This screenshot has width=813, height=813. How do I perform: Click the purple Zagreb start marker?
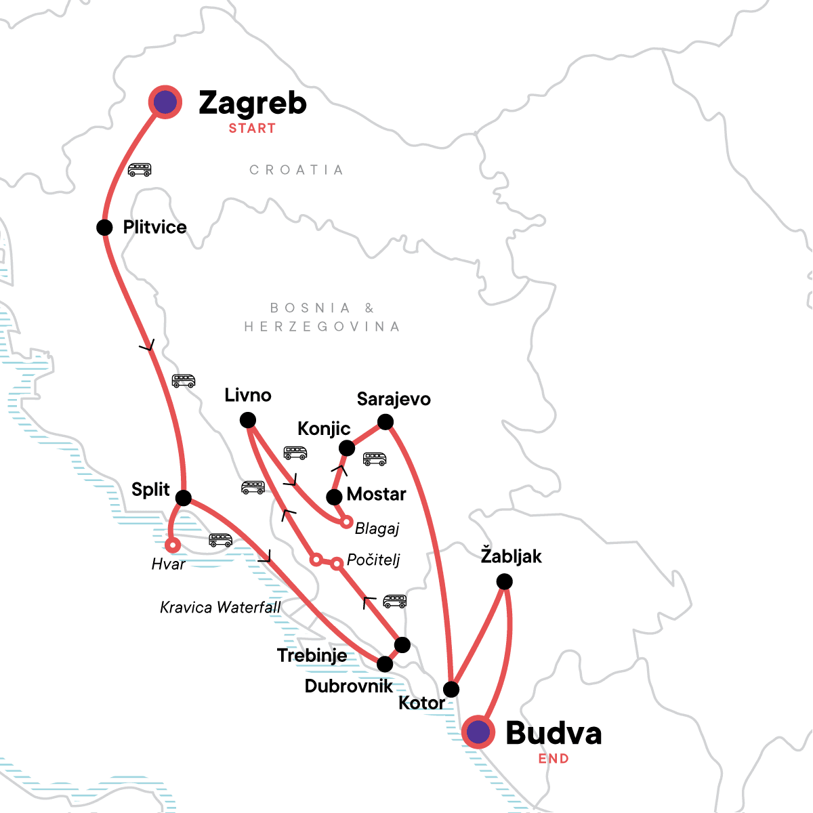[165, 102]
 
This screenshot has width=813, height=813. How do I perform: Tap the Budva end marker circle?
[478, 732]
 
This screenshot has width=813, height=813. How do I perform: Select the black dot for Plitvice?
[104, 227]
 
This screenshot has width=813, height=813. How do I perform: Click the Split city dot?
[184, 498]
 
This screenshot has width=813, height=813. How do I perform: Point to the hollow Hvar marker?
[173, 545]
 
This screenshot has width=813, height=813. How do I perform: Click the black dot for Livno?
[248, 420]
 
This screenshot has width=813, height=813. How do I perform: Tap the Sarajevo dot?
[385, 422]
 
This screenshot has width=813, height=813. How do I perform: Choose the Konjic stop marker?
[347, 448]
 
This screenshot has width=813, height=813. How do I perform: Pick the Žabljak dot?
[505, 581]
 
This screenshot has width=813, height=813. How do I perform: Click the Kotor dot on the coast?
[451, 690]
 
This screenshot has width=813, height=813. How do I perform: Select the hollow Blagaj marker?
[346, 522]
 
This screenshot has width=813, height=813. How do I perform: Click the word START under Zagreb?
[252, 129]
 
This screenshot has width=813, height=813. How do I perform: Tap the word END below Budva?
[554, 759]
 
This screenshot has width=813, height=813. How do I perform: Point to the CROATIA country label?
[296, 170]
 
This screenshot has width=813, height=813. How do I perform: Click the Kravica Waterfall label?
[220, 608]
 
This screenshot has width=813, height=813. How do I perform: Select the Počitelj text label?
[373, 560]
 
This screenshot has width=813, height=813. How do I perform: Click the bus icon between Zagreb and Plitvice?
[140, 169]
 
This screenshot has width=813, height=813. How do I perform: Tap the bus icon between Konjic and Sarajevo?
[375, 459]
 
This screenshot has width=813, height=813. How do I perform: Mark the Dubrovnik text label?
[348, 686]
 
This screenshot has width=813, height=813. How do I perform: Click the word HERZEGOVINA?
[322, 327]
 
